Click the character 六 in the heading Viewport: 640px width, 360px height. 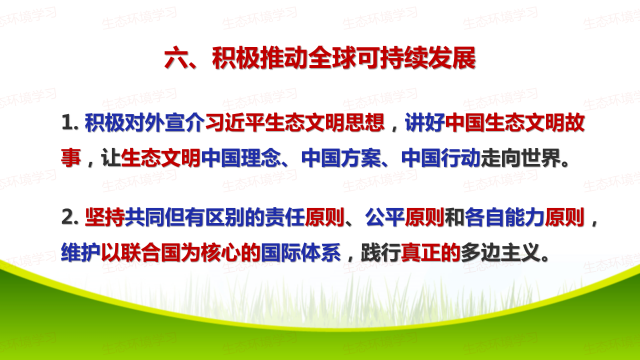176,58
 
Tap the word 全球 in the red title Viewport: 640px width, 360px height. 332,58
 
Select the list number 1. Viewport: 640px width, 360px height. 69,123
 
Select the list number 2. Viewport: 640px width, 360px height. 69,217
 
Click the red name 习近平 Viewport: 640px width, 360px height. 235,123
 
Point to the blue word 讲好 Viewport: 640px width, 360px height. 425,123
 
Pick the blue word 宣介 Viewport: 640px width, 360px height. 185,123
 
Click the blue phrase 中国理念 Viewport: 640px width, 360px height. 241,158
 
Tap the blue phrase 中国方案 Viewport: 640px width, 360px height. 341,158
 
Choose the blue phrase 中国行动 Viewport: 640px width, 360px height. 441,158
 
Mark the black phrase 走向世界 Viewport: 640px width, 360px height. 520,158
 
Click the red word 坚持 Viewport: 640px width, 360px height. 105,217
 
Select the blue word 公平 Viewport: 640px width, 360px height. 385,217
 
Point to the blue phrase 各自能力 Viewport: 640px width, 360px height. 504,217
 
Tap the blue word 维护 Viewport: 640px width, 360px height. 81,252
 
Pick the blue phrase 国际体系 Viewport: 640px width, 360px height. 301,252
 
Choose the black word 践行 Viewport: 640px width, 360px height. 381,252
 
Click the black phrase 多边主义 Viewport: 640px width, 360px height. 500,252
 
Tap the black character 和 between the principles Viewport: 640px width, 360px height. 455,217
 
